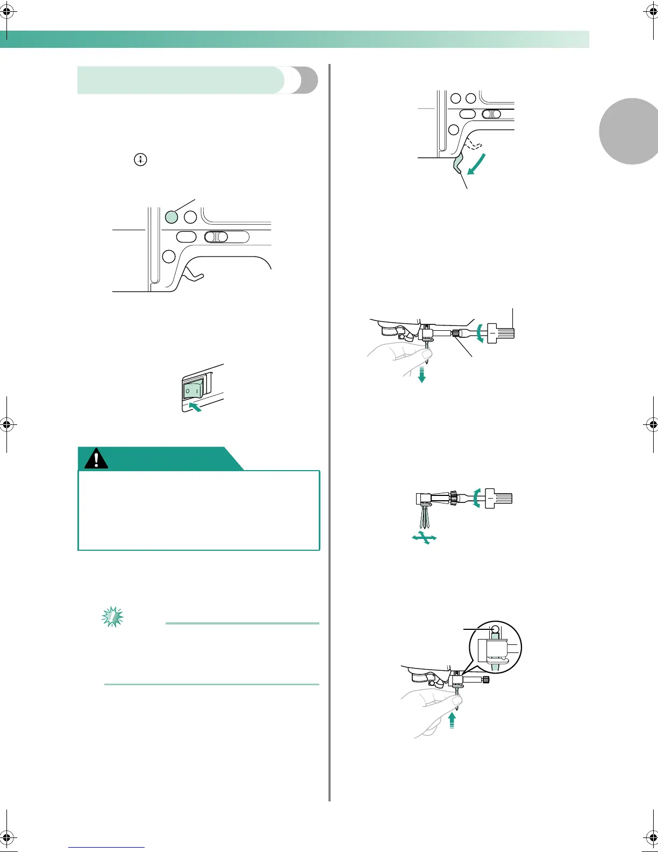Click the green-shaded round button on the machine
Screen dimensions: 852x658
pyautogui.click(x=171, y=217)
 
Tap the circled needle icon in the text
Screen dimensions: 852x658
pyautogui.click(x=140, y=160)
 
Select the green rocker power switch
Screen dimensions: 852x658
pyautogui.click(x=193, y=389)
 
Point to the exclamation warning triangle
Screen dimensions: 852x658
pyautogui.click(x=96, y=459)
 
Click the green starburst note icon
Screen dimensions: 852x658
pyautogui.click(x=112, y=616)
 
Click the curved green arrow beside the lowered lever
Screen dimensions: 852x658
pyautogui.click(x=476, y=164)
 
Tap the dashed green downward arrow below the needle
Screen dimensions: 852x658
pyautogui.click(x=422, y=373)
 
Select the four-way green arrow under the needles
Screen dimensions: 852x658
pyautogui.click(x=424, y=537)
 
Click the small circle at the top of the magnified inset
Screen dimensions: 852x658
pyautogui.click(x=496, y=629)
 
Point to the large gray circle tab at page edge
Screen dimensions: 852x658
pyautogui.click(x=632, y=131)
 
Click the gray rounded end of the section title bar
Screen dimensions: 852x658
pyautogui.click(x=305, y=80)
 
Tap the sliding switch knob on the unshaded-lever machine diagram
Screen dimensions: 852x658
pyautogui.click(x=216, y=237)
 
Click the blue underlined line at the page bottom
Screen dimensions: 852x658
pyautogui.click(x=106, y=847)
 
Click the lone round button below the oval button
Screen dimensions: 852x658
pyautogui.click(x=169, y=256)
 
